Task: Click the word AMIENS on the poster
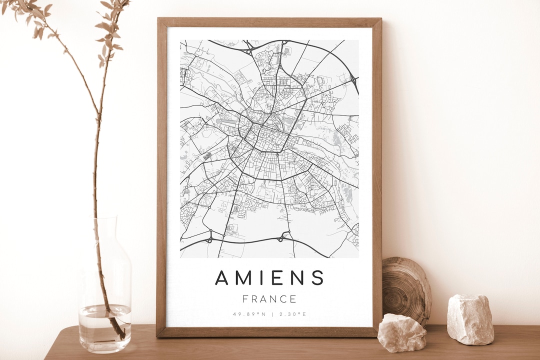tap(269, 277)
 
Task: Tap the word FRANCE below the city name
tap(269, 299)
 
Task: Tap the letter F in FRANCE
tap(245, 299)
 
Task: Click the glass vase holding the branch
tap(104, 290)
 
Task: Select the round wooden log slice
tap(406, 290)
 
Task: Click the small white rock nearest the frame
tap(401, 332)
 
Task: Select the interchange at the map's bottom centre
tap(286, 236)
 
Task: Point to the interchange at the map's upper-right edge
tap(353, 79)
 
